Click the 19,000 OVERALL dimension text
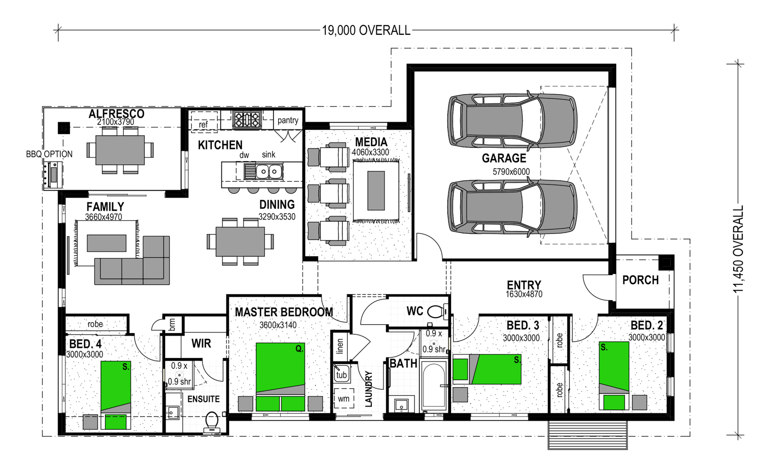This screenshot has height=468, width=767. point(366,31)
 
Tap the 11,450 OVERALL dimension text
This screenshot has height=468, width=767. point(738,249)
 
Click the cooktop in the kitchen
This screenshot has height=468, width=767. point(246,120)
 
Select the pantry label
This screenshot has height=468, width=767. point(288,120)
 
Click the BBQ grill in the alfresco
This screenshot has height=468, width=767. point(53,175)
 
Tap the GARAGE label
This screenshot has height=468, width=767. point(504,158)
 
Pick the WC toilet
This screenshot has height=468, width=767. point(438,312)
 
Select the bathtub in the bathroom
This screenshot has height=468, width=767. point(434,385)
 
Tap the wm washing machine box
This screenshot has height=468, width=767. point(344,398)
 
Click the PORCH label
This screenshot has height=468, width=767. point(640,280)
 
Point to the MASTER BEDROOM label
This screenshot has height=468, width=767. point(284,312)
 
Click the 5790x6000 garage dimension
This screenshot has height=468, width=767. point(511,172)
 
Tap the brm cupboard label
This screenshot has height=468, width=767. point(172,324)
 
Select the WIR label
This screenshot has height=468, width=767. point(201,343)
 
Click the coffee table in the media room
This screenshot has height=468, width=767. point(376,191)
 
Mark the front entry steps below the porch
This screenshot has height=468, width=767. point(588,434)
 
